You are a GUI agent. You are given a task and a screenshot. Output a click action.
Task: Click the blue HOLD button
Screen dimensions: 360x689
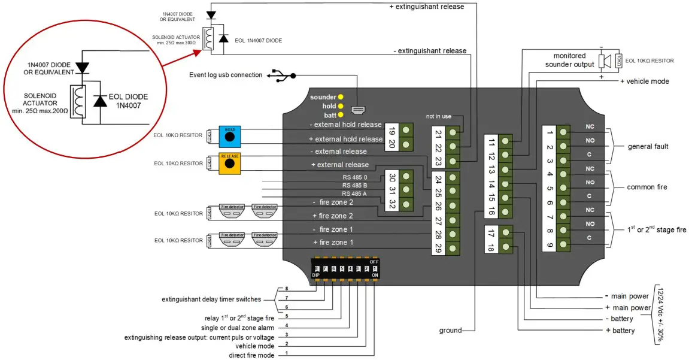(229, 136)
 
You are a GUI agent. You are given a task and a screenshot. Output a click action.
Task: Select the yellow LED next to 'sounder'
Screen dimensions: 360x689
(341, 96)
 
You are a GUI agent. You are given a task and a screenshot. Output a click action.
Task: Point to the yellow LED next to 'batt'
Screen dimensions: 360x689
(341, 114)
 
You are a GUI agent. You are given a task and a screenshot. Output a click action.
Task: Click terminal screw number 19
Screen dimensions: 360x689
(407, 129)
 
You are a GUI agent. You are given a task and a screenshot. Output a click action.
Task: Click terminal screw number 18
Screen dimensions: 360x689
(506, 247)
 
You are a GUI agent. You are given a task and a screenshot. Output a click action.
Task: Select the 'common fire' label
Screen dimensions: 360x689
(647, 187)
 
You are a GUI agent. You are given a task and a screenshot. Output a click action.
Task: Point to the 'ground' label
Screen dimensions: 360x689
(450, 330)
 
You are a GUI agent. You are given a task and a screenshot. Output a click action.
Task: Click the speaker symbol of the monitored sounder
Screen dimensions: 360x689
(606, 61)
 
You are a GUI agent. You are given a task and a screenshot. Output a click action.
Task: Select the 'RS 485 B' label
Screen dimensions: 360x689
(355, 185)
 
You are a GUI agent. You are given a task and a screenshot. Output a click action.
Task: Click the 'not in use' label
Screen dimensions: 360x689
(438, 116)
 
